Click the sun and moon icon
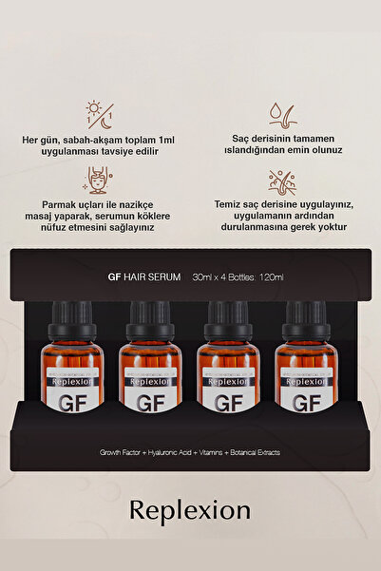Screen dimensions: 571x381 coord(97,113)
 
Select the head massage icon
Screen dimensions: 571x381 coord(97,179)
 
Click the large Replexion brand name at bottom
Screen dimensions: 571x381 coord(190,511)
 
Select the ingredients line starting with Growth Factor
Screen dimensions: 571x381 coord(190,451)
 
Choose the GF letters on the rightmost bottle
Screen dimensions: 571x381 coord(303,401)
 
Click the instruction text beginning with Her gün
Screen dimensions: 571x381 coord(97,145)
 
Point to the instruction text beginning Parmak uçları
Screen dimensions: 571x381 coord(97,215)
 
